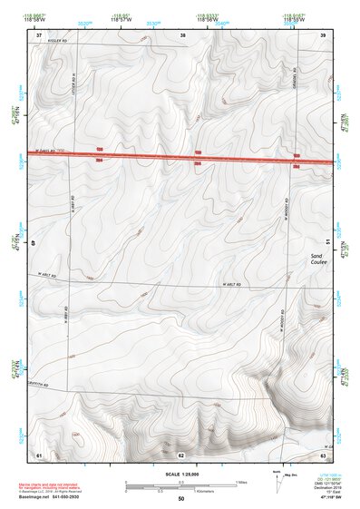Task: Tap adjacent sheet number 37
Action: pos(38,35)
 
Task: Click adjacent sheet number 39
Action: pos(323,35)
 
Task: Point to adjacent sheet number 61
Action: pos(38,454)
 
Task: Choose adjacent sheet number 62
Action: pos(181,454)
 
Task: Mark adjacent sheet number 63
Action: pos(323,454)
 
